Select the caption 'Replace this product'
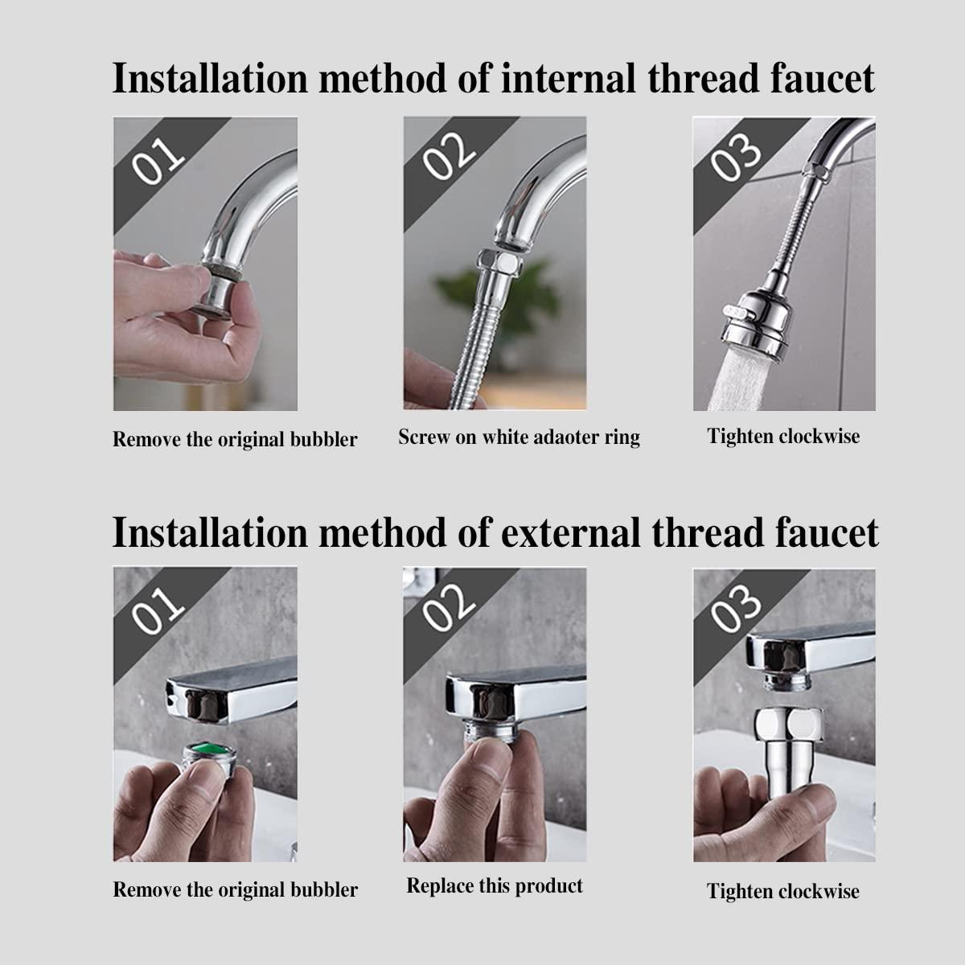click(x=495, y=885)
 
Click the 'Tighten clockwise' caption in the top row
click(x=783, y=437)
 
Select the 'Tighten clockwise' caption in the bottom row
click(x=783, y=891)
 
